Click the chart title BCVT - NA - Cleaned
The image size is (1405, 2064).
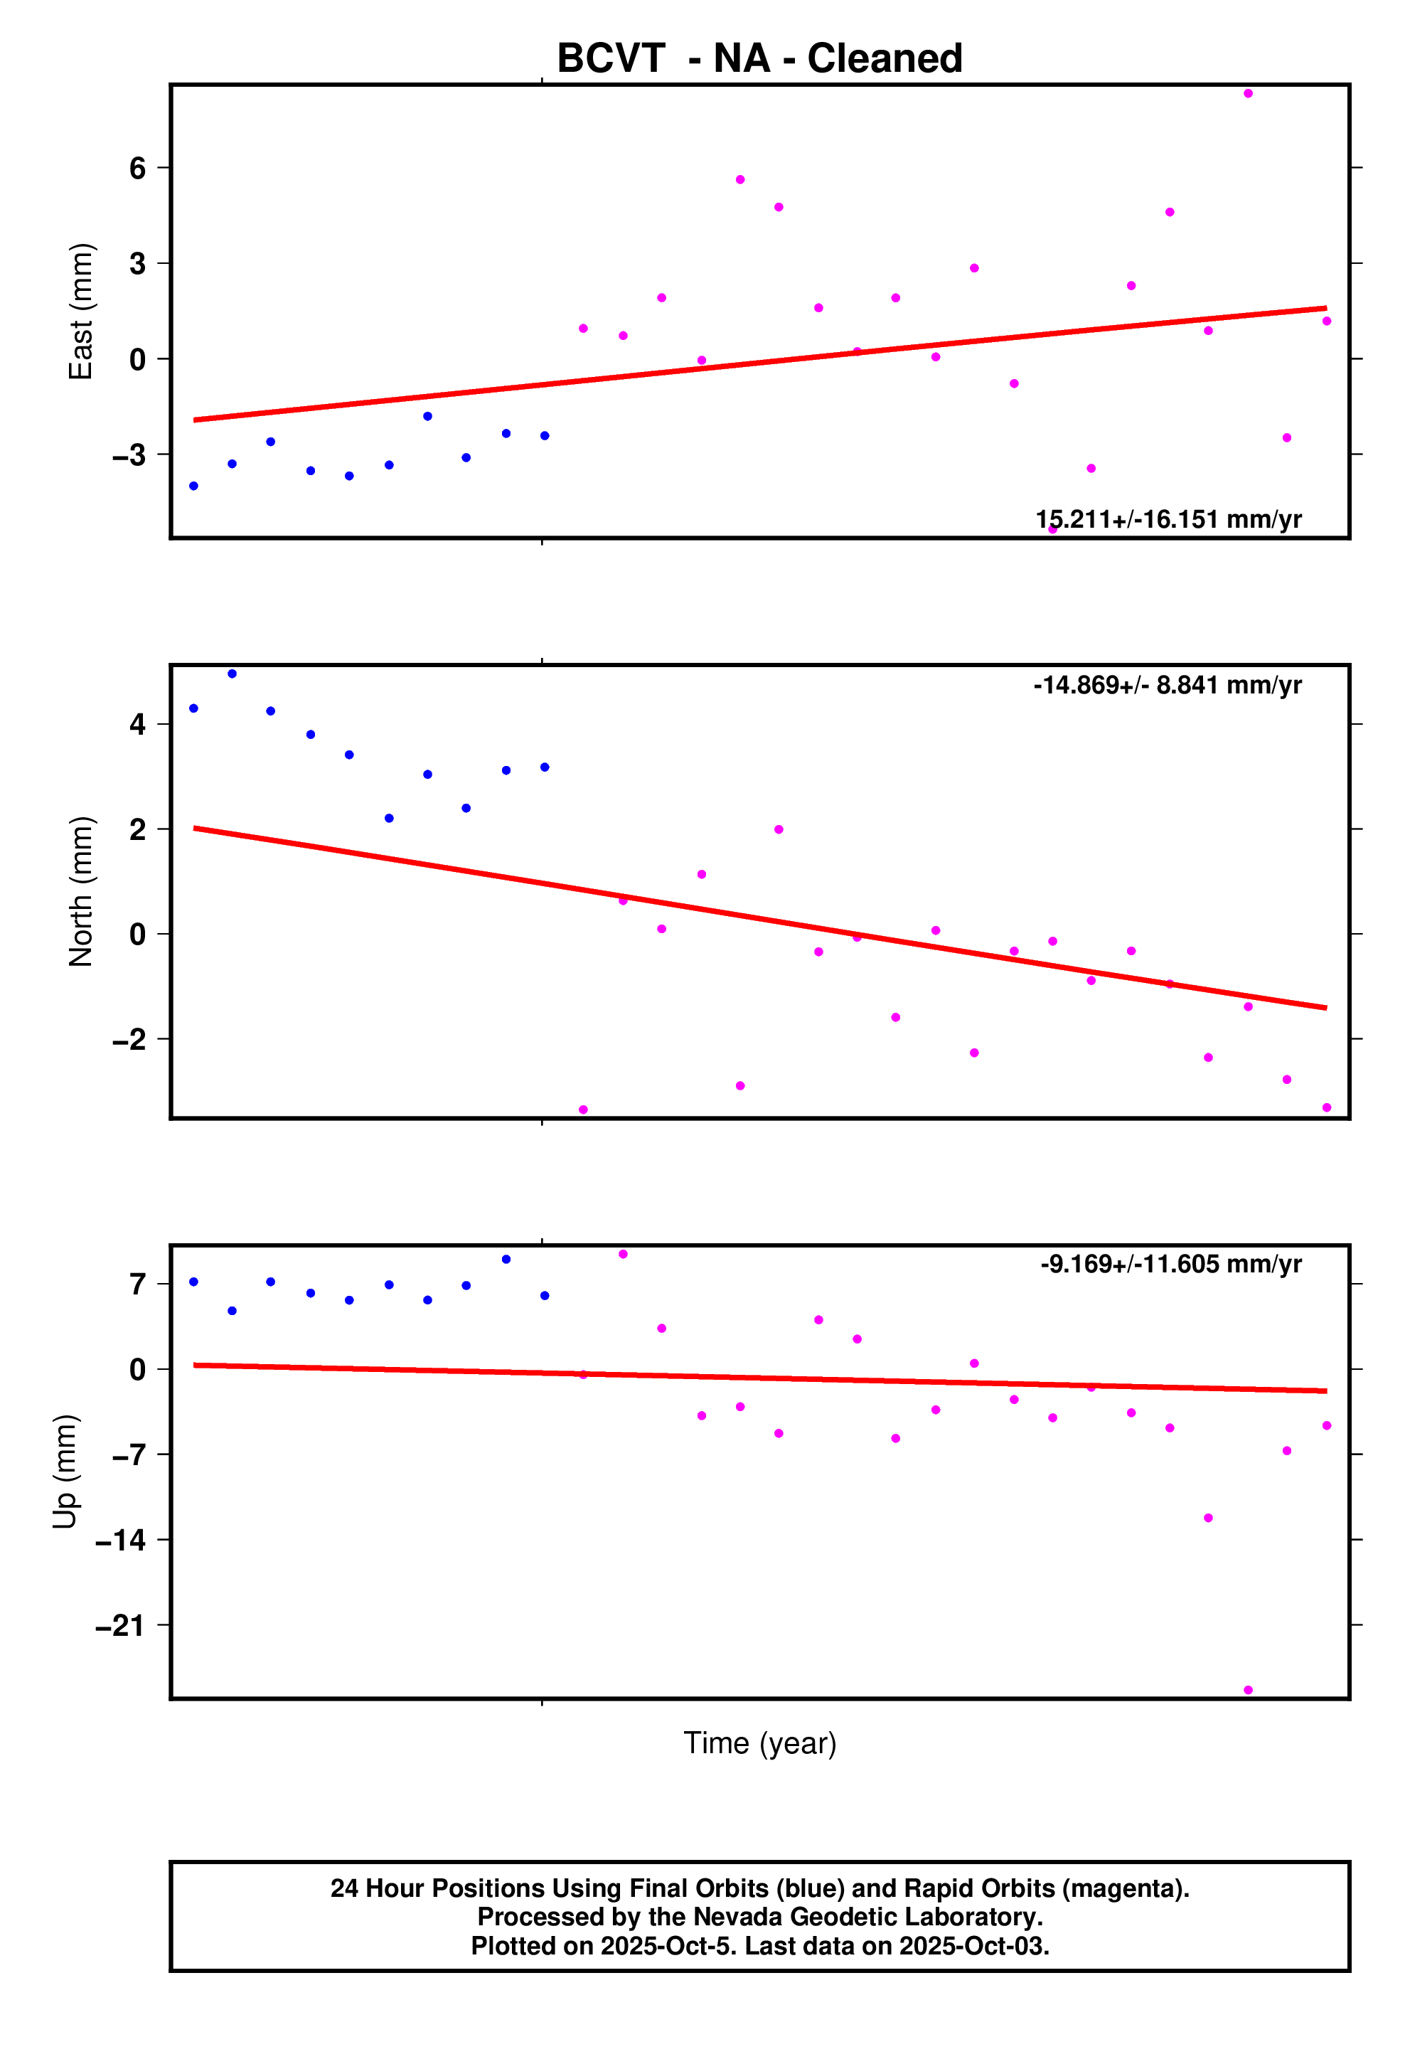tap(759, 58)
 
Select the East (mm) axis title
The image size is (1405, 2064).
tap(81, 311)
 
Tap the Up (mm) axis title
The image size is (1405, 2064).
tap(65, 1471)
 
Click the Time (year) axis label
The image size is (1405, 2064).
tap(759, 1743)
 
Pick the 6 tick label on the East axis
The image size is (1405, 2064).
tap(138, 168)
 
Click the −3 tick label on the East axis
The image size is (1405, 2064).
tap(129, 454)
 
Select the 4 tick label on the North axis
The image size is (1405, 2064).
tap(138, 724)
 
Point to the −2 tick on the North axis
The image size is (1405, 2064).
tap(129, 1039)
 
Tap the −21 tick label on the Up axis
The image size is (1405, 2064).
tap(121, 1625)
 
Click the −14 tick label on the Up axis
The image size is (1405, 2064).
tap(121, 1540)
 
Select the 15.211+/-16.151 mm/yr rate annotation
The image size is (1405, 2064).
tap(1168, 519)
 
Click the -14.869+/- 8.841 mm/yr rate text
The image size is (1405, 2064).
tap(1167, 685)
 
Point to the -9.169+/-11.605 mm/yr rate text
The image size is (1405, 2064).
tap(1170, 1264)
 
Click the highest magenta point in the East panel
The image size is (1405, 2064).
tap(1248, 93)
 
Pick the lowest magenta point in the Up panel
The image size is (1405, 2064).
tap(1248, 1690)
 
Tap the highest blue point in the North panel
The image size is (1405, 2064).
tap(233, 674)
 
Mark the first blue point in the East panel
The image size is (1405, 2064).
tap(193, 486)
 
